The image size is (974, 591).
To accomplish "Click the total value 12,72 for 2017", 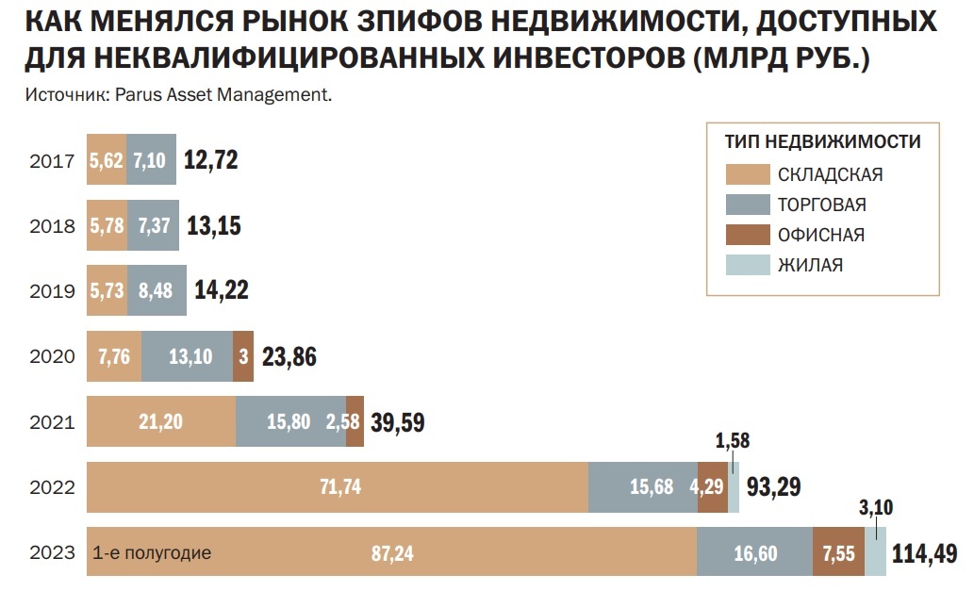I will click(x=210, y=159).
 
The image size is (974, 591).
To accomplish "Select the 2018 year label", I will click(x=52, y=225).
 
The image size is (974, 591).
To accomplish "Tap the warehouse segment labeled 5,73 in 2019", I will click(x=106, y=290).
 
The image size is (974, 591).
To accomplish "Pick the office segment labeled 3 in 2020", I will click(x=243, y=356).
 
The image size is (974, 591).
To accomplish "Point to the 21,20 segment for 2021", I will click(x=160, y=421).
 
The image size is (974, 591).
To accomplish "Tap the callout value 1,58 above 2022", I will click(x=733, y=441).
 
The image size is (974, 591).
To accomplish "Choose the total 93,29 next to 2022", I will click(x=773, y=487).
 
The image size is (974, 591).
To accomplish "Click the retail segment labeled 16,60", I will click(x=754, y=552).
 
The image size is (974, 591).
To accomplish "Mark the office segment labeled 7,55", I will click(x=838, y=552).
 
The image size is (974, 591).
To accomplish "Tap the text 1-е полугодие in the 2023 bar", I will click(x=152, y=552).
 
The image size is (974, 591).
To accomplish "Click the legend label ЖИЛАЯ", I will click(x=810, y=265).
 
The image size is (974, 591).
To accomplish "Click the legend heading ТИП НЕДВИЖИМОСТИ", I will click(x=822, y=142).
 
